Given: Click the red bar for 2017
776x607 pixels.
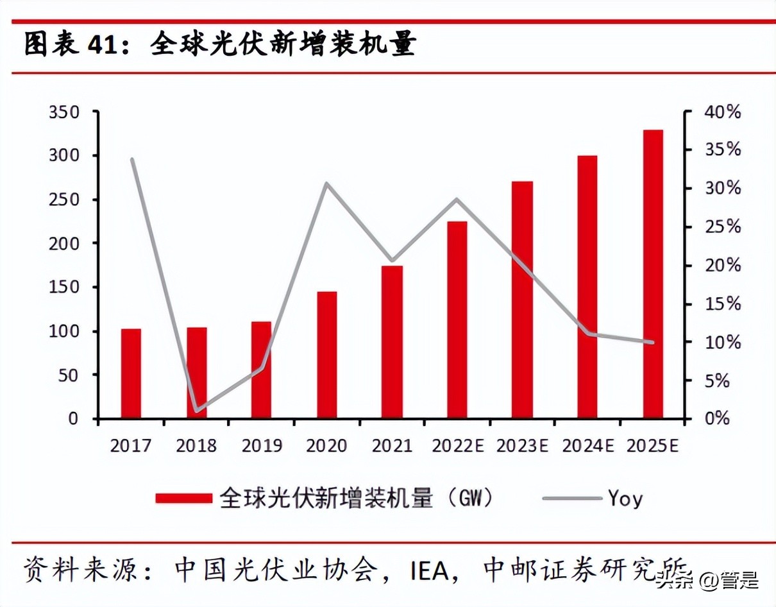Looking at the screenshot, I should tap(131, 373).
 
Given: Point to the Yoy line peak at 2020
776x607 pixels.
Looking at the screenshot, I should tap(326, 184).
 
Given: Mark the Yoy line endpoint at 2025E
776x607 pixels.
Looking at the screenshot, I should tap(653, 342).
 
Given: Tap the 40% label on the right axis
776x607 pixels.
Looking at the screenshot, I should tap(721, 112).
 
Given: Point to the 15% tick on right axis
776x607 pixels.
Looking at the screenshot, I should tap(721, 303).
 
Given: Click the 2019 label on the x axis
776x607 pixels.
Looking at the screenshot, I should tap(262, 446).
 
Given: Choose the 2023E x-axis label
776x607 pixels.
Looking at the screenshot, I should tap(522, 446).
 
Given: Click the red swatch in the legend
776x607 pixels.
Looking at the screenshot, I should tap(183, 498).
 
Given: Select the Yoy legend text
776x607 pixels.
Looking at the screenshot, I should tap(625, 498).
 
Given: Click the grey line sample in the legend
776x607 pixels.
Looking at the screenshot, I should tap(572, 498).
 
